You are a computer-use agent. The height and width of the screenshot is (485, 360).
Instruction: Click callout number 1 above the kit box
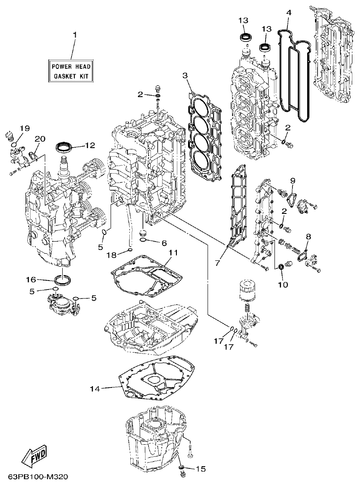coord(75,34)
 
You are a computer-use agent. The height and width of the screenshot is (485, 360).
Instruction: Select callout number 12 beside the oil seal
coord(90,145)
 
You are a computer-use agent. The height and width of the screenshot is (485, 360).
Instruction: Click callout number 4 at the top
coord(289,13)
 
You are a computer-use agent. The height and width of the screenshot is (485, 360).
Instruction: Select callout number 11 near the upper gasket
coord(173,253)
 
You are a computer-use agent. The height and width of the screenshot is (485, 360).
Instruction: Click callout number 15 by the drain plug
coord(201,469)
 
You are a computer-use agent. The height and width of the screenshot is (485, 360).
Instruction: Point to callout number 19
coord(24,128)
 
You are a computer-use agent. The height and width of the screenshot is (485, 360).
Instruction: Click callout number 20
coord(39,139)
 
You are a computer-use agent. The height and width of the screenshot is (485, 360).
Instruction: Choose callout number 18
coord(111,255)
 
